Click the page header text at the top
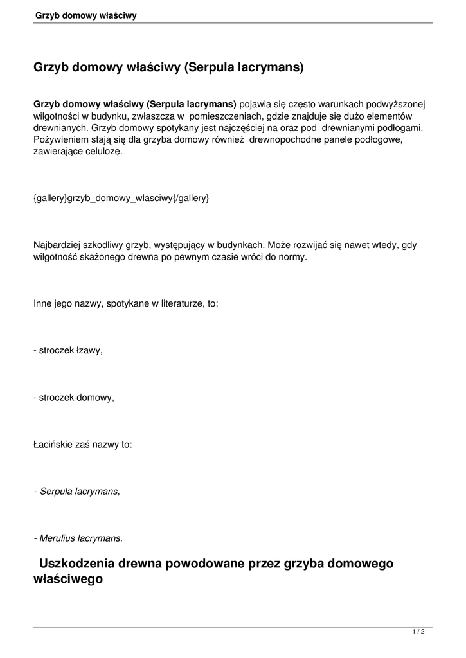(x=86, y=15)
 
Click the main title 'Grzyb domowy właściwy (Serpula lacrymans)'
(x=168, y=67)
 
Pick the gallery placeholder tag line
(x=121, y=199)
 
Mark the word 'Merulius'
(x=57, y=537)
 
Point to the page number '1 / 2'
(x=418, y=632)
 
